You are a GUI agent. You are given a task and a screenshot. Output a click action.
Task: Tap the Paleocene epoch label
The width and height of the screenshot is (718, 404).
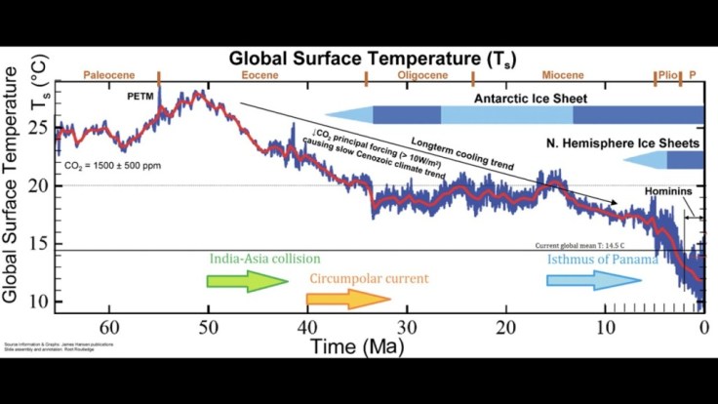(108, 74)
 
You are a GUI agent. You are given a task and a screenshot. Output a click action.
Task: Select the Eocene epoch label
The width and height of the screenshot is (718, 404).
(260, 74)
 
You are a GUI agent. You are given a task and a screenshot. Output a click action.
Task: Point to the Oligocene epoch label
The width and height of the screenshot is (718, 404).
(419, 74)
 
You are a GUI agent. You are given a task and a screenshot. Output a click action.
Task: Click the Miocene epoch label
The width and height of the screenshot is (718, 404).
(562, 74)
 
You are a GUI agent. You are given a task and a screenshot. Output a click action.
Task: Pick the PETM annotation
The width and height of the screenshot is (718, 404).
(141, 98)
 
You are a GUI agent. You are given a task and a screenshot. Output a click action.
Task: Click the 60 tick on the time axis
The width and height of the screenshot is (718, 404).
(108, 327)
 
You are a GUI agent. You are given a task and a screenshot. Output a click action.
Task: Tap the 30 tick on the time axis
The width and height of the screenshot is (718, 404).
(407, 327)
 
